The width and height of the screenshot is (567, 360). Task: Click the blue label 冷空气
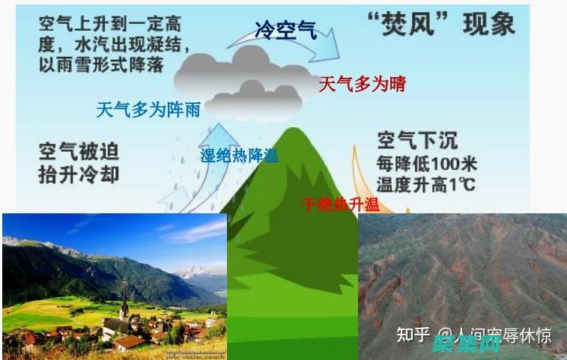285,31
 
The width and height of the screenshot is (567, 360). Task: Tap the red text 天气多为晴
362,84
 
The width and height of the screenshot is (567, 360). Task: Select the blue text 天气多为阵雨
148,110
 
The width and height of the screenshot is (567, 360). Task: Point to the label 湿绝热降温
239,156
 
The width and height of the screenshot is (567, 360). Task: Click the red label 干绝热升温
340,204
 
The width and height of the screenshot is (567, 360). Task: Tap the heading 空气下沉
417,140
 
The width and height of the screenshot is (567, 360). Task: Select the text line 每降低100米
427,164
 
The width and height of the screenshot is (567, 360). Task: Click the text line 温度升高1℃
427,184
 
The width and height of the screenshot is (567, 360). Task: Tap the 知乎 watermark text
413,335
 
